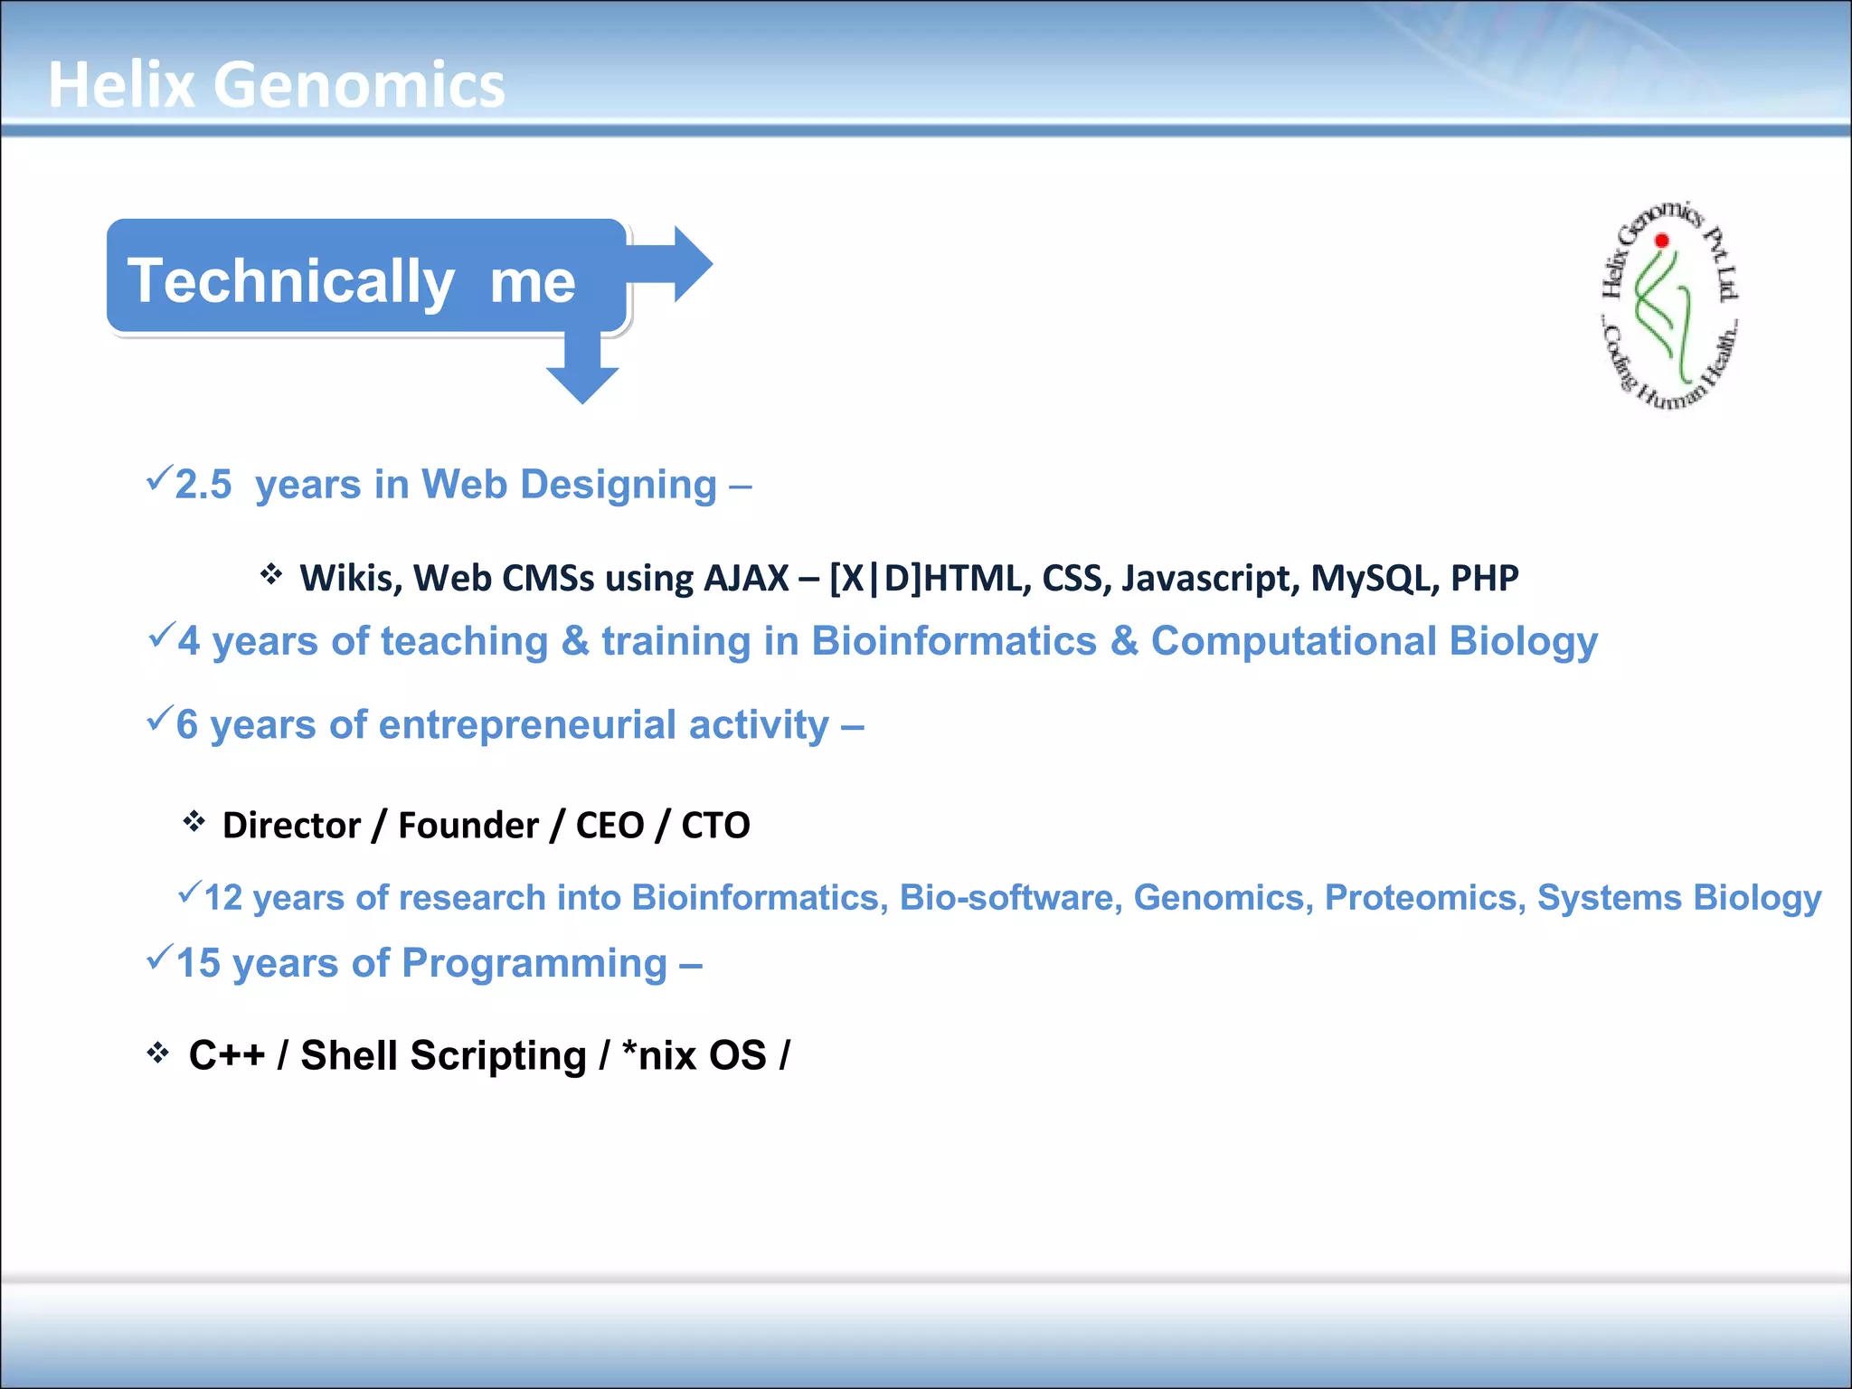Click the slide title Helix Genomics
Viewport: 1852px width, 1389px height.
276,85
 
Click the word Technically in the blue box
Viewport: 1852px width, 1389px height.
290,280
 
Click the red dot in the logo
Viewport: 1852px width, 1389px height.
1662,241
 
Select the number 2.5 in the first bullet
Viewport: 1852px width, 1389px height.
203,485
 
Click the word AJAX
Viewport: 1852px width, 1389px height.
746,579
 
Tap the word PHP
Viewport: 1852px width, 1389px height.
1484,579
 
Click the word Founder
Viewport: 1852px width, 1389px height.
468,826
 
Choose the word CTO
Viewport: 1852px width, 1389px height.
715,826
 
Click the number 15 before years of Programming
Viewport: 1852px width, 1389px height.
198,963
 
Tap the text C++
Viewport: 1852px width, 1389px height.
227,1055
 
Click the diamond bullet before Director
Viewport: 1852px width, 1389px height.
194,821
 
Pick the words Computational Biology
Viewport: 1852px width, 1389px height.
1374,641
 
